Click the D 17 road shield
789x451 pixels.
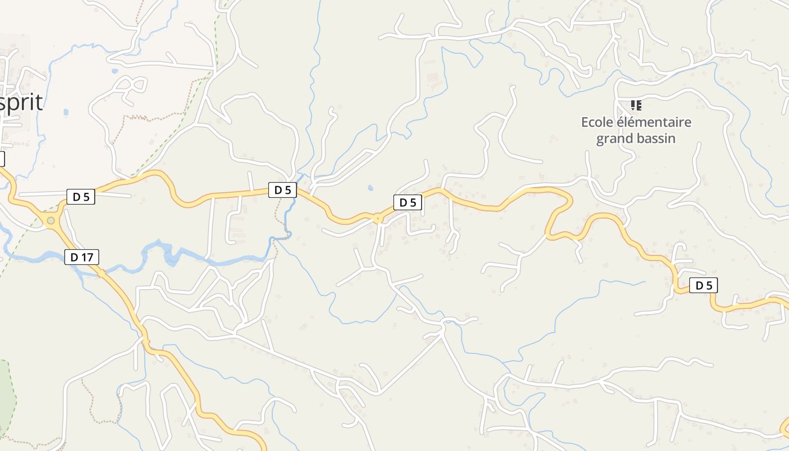pos(82,258)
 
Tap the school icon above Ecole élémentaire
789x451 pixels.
pos(636,105)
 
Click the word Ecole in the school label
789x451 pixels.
pos(596,122)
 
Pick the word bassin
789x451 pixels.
pos(657,139)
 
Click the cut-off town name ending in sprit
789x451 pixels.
pos(21,103)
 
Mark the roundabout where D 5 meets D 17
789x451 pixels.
pos(51,221)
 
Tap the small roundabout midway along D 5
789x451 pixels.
pos(378,218)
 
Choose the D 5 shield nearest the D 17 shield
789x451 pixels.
pos(81,197)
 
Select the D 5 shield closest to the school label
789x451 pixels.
pos(703,286)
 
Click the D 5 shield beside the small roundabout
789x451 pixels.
pos(407,202)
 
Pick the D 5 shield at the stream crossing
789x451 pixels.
pos(282,190)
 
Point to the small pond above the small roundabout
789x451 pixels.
pos(370,188)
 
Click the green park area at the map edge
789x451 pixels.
pos(6,395)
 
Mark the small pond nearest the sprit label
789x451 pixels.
pos(66,112)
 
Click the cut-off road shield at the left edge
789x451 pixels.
pos(2,159)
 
